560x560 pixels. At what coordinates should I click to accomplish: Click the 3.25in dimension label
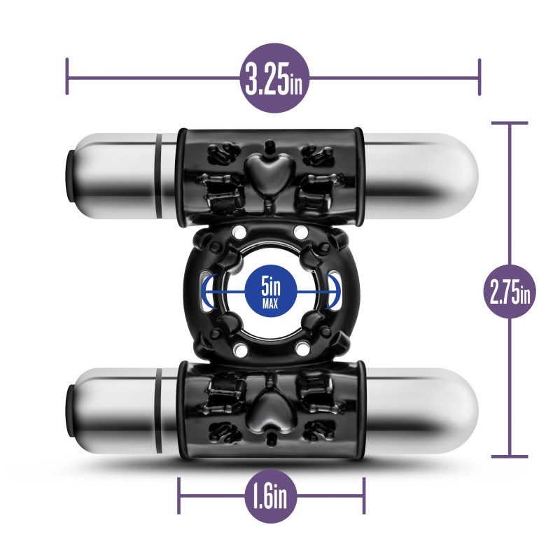[274, 78]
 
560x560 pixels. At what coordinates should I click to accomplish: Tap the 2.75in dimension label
[510, 292]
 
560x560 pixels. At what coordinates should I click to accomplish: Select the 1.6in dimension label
[271, 496]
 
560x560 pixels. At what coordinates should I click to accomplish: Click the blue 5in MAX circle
[271, 291]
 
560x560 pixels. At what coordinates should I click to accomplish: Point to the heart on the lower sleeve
[270, 407]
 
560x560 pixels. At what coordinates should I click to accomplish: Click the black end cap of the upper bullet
[71, 174]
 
